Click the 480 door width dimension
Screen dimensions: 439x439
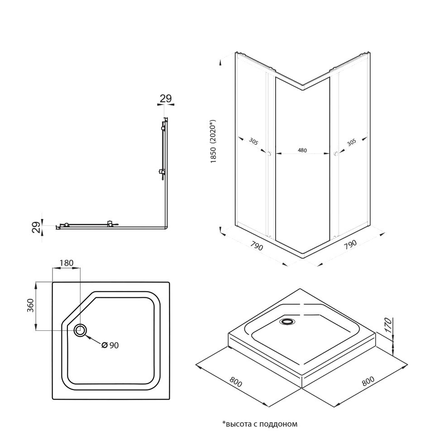[303, 150]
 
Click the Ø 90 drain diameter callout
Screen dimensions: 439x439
[110, 345]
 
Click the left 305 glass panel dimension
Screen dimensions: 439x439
[253, 142]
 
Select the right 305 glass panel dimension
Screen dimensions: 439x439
[351, 142]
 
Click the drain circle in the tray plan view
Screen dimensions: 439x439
[81, 330]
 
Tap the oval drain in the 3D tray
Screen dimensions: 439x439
[286, 322]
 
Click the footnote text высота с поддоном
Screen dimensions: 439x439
[260, 424]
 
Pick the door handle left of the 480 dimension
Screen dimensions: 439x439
[269, 154]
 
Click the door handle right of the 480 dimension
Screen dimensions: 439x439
[335, 154]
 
